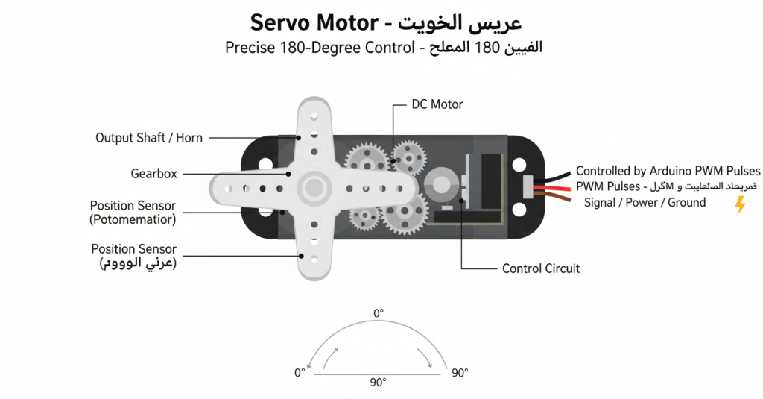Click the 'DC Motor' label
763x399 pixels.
[x=437, y=104]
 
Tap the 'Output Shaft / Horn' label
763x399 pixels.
[x=149, y=138]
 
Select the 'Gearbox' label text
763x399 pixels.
[x=153, y=174]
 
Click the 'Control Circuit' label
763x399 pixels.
[x=540, y=268]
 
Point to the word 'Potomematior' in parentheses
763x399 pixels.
[x=133, y=219]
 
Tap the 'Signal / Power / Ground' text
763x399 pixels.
[x=645, y=202]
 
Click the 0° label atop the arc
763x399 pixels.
[x=378, y=313]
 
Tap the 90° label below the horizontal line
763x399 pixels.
[x=378, y=383]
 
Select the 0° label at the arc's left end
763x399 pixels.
[x=300, y=373]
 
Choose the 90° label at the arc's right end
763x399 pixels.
[x=460, y=373]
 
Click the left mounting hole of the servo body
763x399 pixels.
[x=262, y=164]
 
